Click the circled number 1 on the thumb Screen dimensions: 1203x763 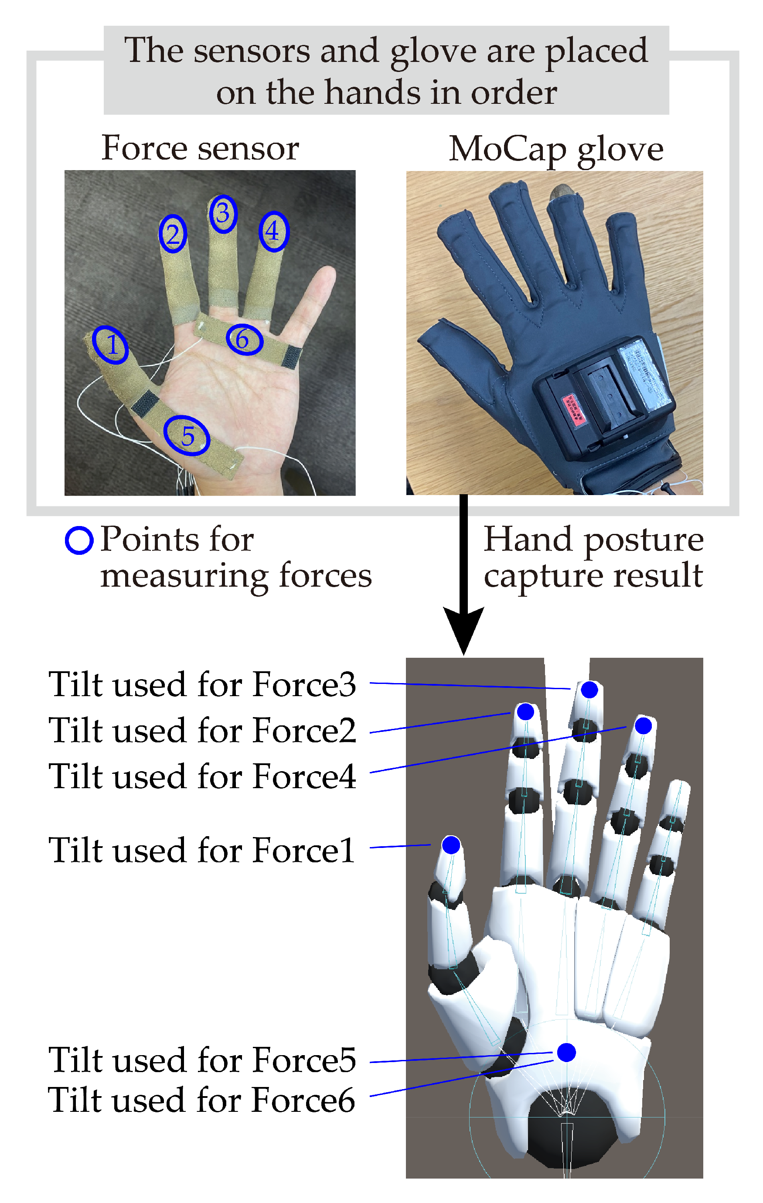point(111,345)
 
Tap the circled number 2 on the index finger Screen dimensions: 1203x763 point(173,234)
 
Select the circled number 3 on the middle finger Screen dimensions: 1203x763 point(223,214)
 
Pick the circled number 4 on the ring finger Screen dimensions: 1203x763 point(273,231)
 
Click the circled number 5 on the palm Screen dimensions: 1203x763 point(187,436)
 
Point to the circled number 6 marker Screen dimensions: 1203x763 point(244,340)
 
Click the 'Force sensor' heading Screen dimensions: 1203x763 point(200,148)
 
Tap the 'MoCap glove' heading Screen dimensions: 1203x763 point(556,149)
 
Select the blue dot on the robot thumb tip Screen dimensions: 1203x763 point(451,845)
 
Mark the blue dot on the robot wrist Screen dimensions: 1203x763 point(566,1052)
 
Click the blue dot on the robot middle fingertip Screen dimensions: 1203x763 point(589,690)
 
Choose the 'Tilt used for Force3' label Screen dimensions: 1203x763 point(202,684)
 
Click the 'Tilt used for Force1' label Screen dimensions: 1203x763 point(202,850)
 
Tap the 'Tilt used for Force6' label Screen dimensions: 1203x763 point(202,1100)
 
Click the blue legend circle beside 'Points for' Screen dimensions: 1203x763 point(79,540)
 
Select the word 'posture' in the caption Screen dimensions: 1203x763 point(644,540)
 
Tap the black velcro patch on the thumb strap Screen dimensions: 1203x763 point(145,403)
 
